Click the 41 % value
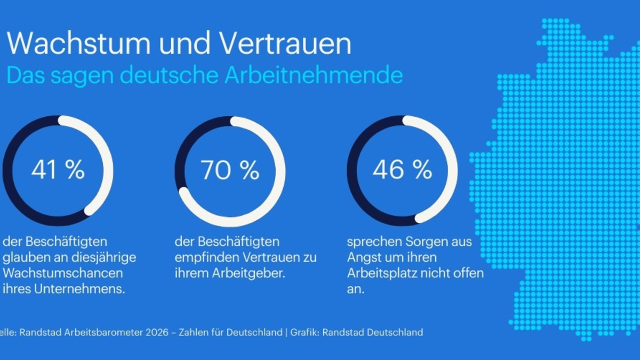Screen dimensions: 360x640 pos(58,170)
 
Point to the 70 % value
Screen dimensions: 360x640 pos(230,170)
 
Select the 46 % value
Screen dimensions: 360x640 pos(402,170)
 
